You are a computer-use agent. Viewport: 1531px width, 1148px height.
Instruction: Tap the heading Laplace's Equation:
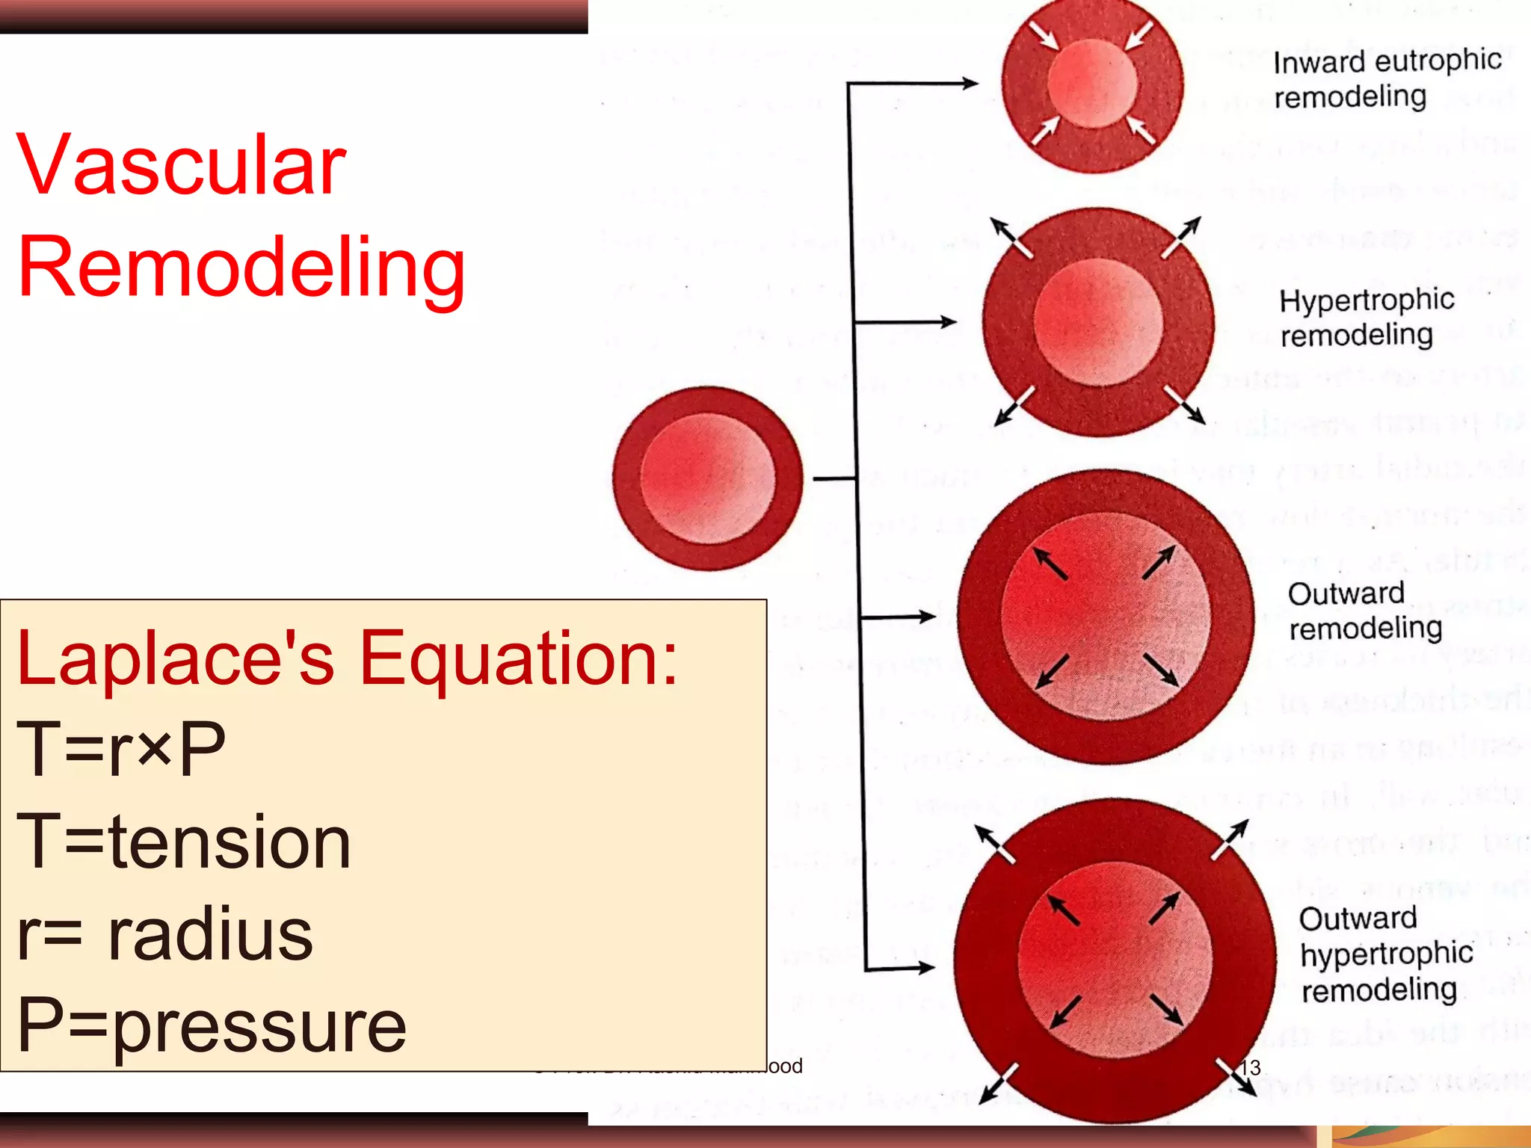tap(347, 658)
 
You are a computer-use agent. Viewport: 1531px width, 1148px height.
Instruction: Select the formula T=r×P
tap(121, 749)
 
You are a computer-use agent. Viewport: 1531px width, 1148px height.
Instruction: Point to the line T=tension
tap(184, 842)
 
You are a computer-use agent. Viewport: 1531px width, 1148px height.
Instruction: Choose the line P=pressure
tap(212, 1025)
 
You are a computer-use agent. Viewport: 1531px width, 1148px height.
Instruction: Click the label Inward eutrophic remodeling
tap(1387, 78)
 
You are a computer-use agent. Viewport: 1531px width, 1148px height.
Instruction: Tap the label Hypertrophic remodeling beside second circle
tap(1367, 318)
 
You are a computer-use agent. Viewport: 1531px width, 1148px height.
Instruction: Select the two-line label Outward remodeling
tap(1364, 611)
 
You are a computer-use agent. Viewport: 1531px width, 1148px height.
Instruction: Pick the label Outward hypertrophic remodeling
tap(1385, 954)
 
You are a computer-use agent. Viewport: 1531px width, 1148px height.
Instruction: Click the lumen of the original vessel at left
tap(707, 478)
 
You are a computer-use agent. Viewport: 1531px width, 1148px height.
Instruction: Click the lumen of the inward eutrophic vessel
tap(1091, 82)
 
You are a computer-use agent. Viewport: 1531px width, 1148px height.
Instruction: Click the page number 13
tap(1251, 1067)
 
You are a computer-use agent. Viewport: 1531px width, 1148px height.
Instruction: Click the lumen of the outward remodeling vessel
tap(1105, 617)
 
